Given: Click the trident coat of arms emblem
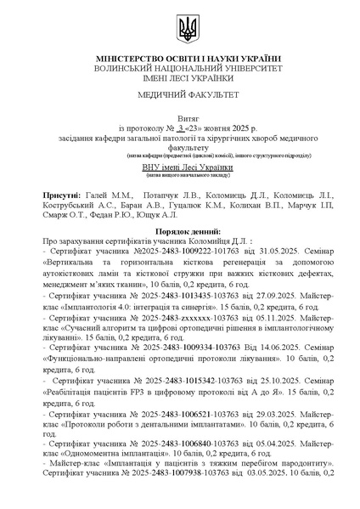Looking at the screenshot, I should (x=187, y=33).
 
